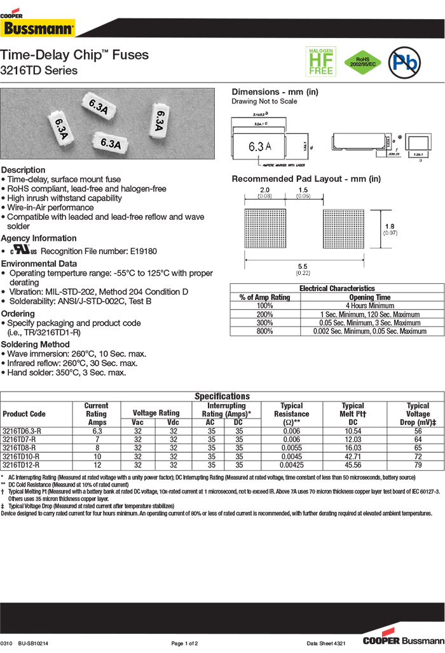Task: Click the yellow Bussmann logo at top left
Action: (39, 28)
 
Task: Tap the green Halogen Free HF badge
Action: (321, 62)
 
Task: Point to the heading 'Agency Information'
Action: (39, 238)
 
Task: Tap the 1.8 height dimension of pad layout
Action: (390, 226)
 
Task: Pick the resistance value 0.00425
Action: (291, 465)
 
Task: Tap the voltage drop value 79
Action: (418, 465)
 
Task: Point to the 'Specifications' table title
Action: (222, 396)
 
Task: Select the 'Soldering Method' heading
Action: (36, 344)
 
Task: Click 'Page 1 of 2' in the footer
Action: (184, 643)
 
